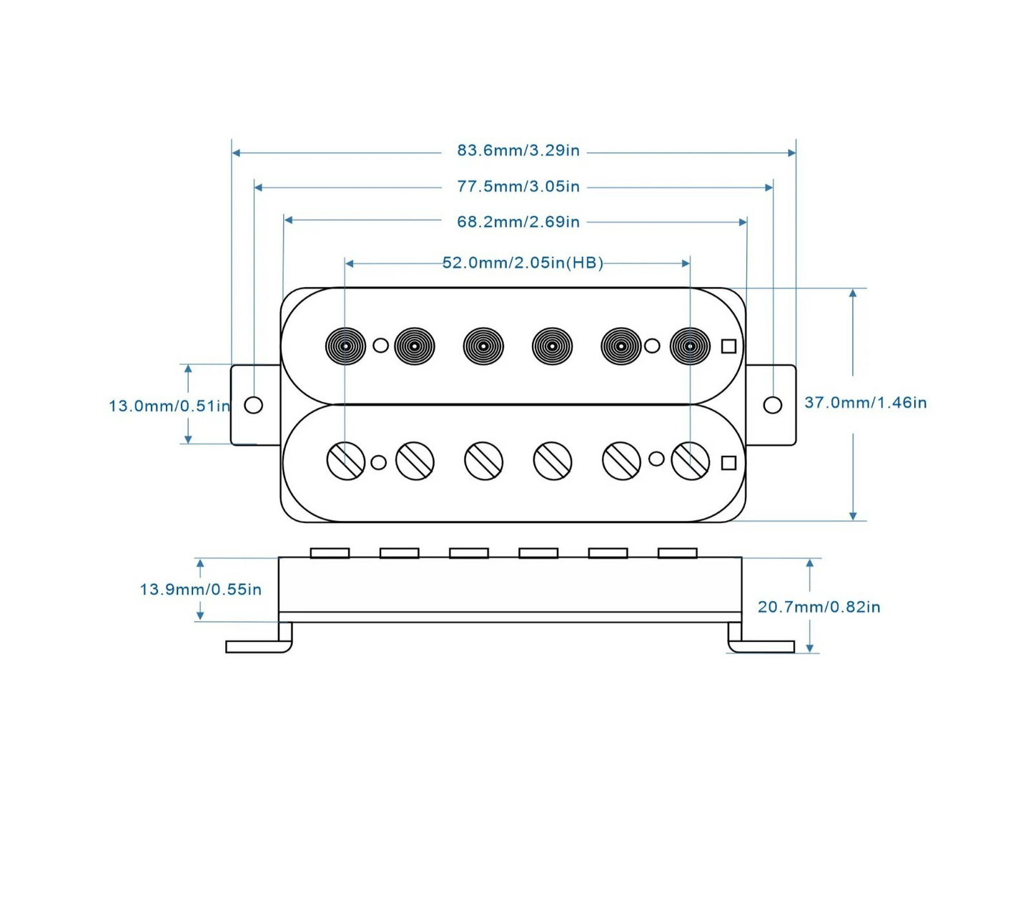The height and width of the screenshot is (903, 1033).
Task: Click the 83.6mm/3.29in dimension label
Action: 518,151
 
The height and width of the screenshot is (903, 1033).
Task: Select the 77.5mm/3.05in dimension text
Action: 518,187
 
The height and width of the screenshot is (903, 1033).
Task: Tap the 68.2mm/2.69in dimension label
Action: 518,222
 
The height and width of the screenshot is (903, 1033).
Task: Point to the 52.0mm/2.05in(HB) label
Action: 523,263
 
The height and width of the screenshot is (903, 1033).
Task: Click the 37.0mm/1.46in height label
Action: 865,403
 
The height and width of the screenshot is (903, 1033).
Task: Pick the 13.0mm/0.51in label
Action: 169,406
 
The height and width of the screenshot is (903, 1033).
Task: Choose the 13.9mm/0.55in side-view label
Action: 200,590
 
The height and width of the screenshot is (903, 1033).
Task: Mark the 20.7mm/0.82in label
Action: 819,607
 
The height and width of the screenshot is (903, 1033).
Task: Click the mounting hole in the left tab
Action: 253,405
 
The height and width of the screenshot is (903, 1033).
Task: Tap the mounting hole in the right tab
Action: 772,405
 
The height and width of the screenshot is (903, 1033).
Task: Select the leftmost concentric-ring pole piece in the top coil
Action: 345,346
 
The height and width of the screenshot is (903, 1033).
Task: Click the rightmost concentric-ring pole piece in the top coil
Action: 690,346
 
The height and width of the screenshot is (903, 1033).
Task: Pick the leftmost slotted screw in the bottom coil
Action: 346,461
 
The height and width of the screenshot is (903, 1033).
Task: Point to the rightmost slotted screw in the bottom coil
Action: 691,461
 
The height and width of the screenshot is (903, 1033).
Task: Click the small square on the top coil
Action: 728,346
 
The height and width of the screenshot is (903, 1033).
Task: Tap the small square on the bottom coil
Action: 728,463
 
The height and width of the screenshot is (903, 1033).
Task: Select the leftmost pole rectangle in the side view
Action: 330,553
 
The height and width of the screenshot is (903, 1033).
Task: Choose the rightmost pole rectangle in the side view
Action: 677,553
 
